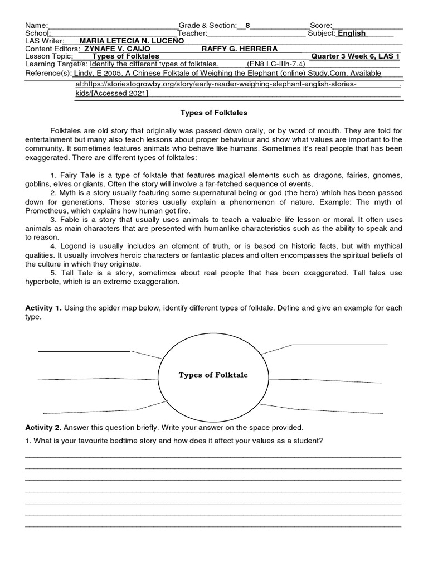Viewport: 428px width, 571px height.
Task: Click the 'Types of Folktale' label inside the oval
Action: (x=213, y=375)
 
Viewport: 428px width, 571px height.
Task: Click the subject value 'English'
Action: (x=352, y=33)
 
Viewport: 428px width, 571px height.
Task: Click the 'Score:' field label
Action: (x=320, y=25)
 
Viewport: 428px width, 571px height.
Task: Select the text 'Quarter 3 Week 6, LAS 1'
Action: (x=356, y=56)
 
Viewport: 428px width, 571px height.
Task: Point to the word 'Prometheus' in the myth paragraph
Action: (x=45, y=211)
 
